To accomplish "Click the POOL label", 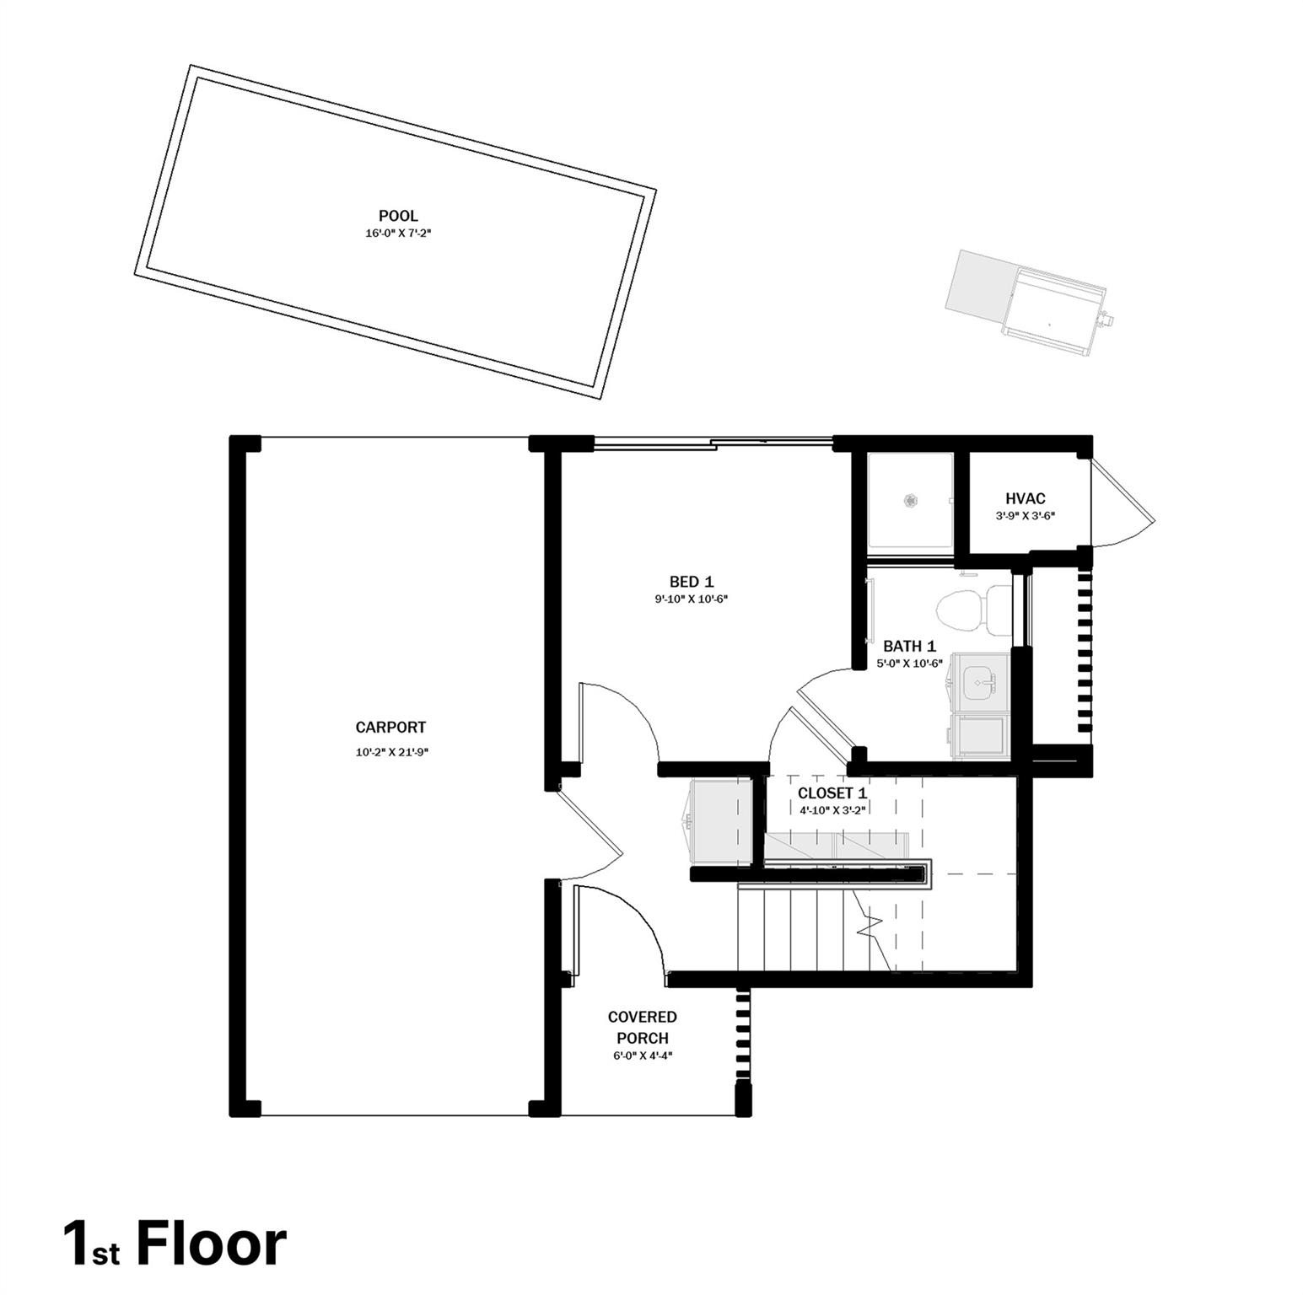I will pyautogui.click(x=398, y=217).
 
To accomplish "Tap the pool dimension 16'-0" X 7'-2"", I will pyautogui.click(x=398, y=234).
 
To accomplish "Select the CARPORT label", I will pyautogui.click(x=390, y=728).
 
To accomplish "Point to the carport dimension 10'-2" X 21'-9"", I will pyautogui.click(x=392, y=753).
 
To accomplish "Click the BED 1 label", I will pyautogui.click(x=692, y=582).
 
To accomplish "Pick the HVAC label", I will pyautogui.click(x=1026, y=499).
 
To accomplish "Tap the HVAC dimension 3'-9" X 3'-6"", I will pyautogui.click(x=1025, y=516).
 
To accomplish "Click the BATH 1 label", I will pyautogui.click(x=909, y=647).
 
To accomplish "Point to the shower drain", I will pyautogui.click(x=911, y=500).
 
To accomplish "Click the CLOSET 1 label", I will pyautogui.click(x=832, y=793).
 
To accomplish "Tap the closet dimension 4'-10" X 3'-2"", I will pyautogui.click(x=832, y=810).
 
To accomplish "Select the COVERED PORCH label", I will pyautogui.click(x=643, y=1028).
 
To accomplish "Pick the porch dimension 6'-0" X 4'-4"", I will pyautogui.click(x=643, y=1055).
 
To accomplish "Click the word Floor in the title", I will pyautogui.click(x=211, y=1244).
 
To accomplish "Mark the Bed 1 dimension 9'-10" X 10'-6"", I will pyautogui.click(x=692, y=599).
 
